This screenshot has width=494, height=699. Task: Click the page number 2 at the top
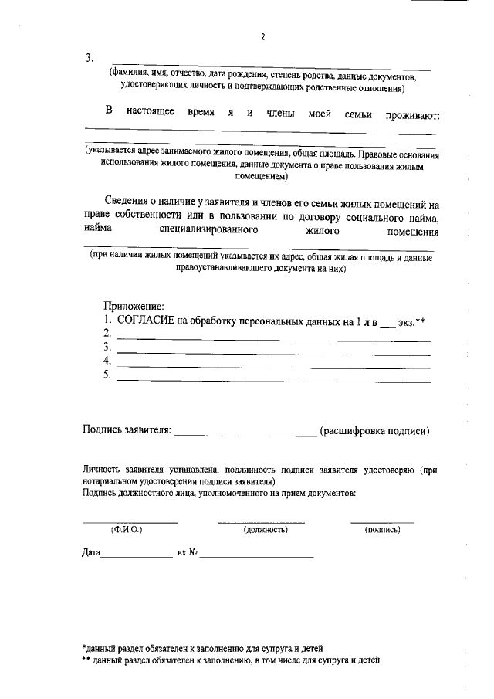tap(262, 36)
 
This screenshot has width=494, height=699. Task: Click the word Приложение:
tap(133, 306)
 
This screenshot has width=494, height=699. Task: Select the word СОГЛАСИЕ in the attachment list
tap(145, 319)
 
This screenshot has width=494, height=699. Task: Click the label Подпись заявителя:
tap(127, 430)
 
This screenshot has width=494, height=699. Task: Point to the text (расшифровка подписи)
tap(374, 430)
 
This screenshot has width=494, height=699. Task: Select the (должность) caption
tap(266, 530)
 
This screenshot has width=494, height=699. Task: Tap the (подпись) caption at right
tap(382, 530)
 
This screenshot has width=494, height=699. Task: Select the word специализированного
tap(208, 230)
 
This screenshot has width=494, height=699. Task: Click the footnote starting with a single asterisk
tap(202, 648)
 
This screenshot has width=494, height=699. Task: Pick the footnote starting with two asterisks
tap(231, 661)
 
